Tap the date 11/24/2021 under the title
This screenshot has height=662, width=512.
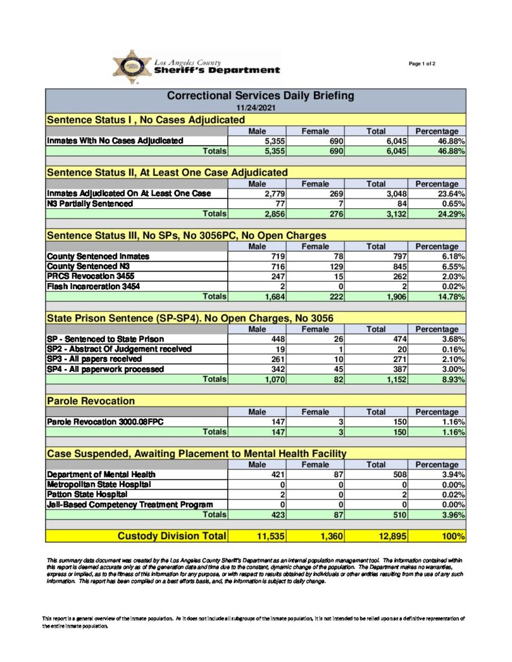click(x=256, y=107)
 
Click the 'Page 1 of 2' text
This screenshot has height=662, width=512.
click(x=422, y=63)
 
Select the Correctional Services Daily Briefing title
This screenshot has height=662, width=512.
click(x=260, y=96)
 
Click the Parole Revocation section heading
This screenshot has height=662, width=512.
click(x=91, y=401)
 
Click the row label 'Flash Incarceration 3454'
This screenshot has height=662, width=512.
click(x=93, y=286)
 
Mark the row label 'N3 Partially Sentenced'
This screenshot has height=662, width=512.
click(x=90, y=204)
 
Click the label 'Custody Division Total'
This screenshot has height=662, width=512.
click(x=171, y=536)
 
